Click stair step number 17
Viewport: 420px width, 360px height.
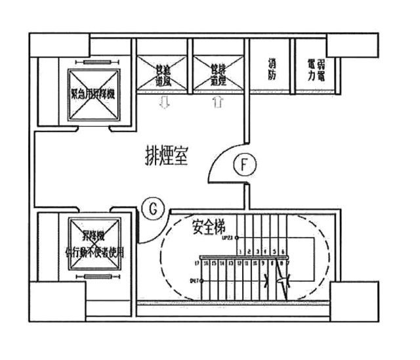tap(198, 262)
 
